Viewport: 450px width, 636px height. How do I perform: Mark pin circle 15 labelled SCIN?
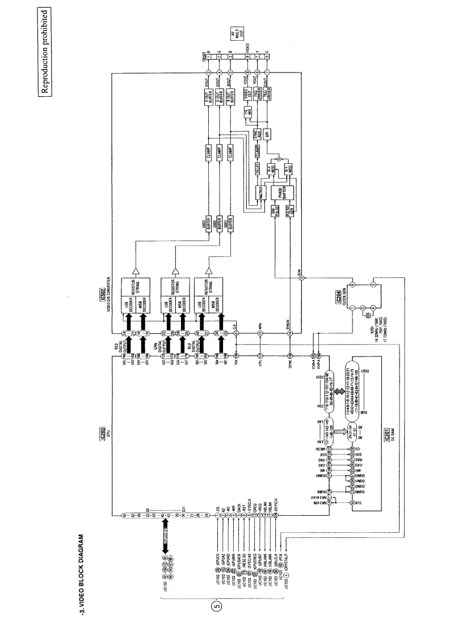[x=302, y=278]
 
